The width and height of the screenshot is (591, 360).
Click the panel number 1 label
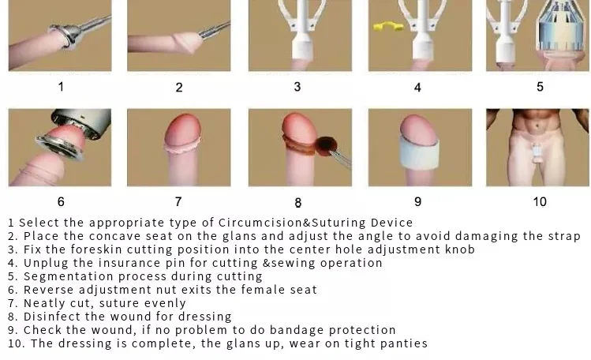tap(61, 87)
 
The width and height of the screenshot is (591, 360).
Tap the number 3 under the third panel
tap(297, 86)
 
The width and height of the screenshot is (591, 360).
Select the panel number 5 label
tap(540, 86)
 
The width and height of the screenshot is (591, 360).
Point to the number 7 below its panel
tap(179, 201)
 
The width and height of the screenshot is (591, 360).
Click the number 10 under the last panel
tap(540, 201)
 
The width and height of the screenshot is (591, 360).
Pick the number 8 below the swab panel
tap(298, 202)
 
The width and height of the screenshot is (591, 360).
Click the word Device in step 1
tap(391, 223)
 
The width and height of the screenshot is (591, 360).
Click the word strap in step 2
tap(563, 236)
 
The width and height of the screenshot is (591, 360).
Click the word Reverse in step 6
tap(47, 290)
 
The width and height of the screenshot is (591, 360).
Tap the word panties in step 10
tap(402, 343)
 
